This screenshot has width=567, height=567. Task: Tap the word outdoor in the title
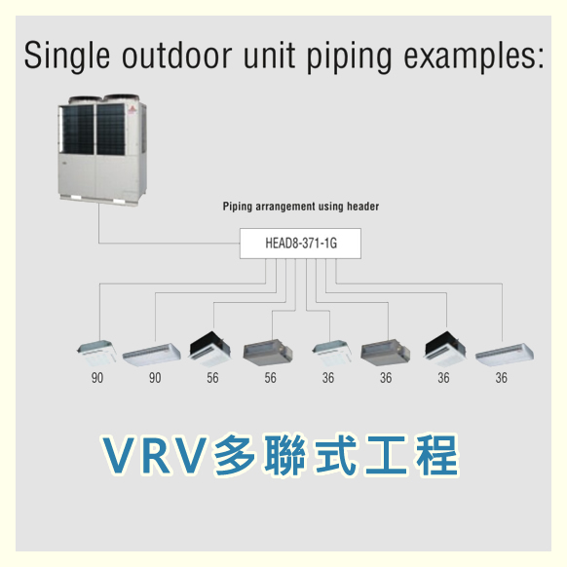[x=177, y=56]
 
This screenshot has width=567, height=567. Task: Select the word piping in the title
[x=350, y=57]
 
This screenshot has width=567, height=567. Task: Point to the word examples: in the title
[x=473, y=57]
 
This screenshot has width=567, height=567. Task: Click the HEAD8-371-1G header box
[x=300, y=244]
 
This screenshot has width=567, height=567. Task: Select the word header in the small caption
[x=362, y=207]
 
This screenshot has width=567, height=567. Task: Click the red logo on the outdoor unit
[x=131, y=109]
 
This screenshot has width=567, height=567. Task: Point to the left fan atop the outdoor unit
[x=86, y=99]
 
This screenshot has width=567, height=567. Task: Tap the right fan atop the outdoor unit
[x=122, y=98]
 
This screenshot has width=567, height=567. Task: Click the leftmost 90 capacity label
[x=97, y=378]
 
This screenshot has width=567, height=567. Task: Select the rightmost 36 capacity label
[x=501, y=378]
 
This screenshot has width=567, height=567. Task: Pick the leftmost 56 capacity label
[x=212, y=378]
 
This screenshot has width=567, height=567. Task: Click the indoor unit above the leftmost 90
[x=96, y=353]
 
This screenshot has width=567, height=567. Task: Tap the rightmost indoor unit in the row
[x=505, y=355]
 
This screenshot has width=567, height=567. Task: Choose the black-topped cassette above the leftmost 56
[x=209, y=349]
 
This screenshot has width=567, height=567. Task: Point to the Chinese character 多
[x=235, y=455]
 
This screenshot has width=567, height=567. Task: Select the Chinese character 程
[x=437, y=455]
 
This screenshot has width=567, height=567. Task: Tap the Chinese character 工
[x=387, y=455]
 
